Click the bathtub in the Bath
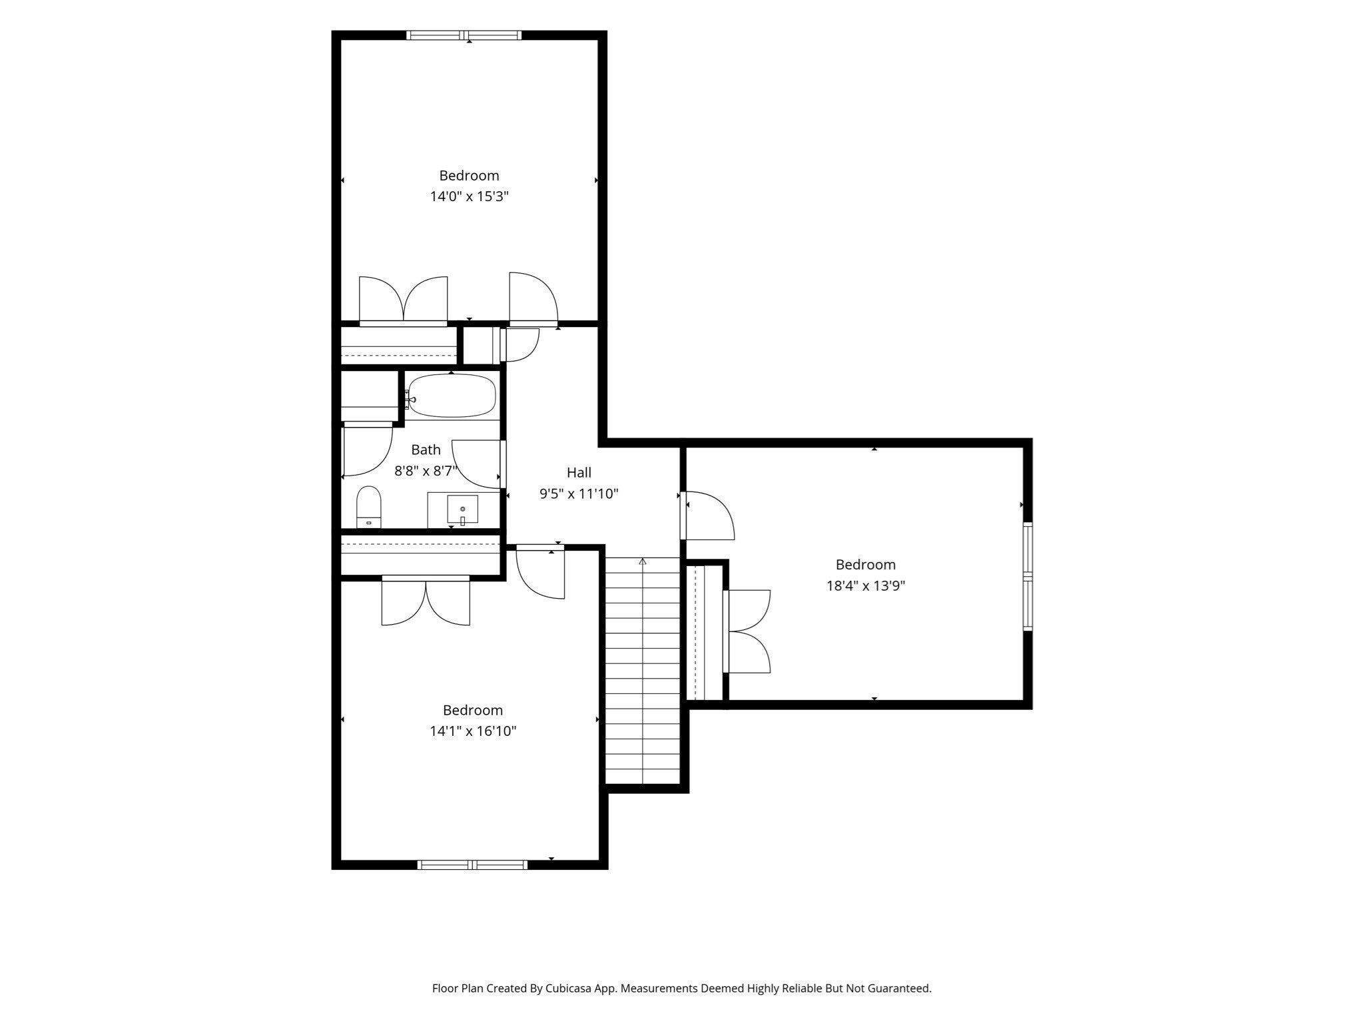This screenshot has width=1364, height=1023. pyautogui.click(x=452, y=396)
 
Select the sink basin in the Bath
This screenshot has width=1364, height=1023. pyautogui.click(x=462, y=510)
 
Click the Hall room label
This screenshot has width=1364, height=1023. pyautogui.click(x=579, y=472)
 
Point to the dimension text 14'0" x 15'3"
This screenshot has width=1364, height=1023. pyautogui.click(x=470, y=196)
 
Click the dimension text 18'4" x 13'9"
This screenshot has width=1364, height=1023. pyautogui.click(x=865, y=585)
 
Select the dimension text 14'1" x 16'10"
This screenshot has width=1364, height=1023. pyautogui.click(x=473, y=731)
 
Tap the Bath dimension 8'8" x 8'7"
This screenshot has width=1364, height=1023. pyautogui.click(x=426, y=471)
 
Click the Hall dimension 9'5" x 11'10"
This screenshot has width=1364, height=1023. pyautogui.click(x=579, y=494)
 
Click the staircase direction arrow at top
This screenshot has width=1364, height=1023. pyautogui.click(x=643, y=561)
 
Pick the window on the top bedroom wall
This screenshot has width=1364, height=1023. pyautogui.click(x=464, y=35)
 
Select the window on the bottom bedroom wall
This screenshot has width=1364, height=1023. pyautogui.click(x=472, y=864)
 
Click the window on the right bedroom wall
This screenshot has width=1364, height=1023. pyautogui.click(x=1028, y=576)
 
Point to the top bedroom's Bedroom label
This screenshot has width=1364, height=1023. pyautogui.click(x=469, y=175)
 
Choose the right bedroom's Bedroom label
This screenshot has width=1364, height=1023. pyautogui.click(x=866, y=564)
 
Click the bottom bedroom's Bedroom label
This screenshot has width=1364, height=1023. pyautogui.click(x=473, y=709)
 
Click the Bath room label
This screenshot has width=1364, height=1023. pyautogui.click(x=426, y=450)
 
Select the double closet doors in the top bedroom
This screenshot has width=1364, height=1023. pyautogui.click(x=404, y=301)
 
